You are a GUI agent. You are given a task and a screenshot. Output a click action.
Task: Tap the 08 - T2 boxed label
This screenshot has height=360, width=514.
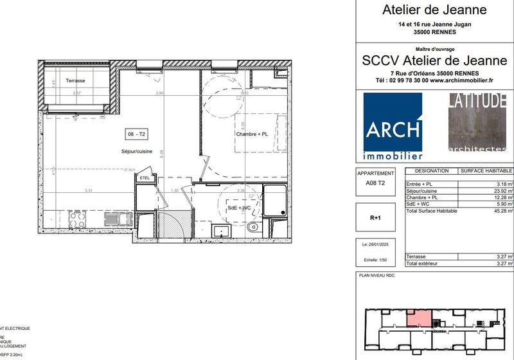point(137,134)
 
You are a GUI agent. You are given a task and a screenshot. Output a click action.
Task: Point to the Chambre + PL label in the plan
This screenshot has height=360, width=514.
point(251,134)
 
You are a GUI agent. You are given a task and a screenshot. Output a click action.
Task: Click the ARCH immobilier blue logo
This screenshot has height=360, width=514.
point(393,126)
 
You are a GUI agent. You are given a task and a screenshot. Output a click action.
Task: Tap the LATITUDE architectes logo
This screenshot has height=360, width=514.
point(477,122)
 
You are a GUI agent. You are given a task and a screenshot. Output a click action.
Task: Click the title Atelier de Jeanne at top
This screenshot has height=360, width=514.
point(434,10)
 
